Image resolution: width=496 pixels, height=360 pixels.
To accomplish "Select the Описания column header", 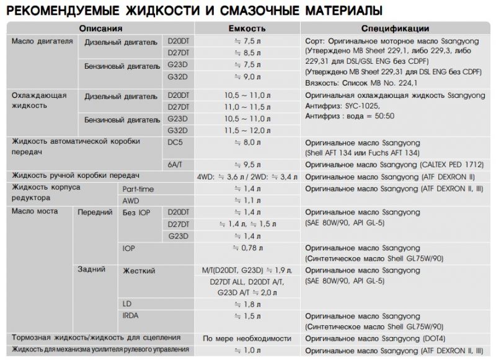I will pos(100,29).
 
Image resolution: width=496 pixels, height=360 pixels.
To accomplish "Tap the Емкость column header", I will pos(247,29).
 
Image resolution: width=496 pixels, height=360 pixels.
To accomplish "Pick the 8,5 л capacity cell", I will pos(247,53).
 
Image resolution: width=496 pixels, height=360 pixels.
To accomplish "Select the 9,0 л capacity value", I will pos(247,76).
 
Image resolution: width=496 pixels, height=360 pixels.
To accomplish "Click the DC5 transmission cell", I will pos(175,141).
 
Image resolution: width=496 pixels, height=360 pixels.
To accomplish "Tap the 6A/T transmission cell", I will pos(177,165).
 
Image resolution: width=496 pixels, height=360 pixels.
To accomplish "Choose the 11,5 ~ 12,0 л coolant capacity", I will pos(247,130).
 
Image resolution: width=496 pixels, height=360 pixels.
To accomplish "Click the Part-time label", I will pos(138,189).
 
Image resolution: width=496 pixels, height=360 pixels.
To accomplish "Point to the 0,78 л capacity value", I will pos(247,248).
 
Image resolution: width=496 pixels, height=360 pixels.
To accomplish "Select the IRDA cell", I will pos(132,316).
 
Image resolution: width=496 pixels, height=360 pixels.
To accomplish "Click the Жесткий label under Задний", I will pos(139,271).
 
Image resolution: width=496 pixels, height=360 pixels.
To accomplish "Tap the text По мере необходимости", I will pos(247,338).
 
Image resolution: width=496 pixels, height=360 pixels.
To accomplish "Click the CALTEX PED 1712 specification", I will pos(444,165).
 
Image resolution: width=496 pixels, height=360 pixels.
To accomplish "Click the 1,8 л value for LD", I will pos(247,304).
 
